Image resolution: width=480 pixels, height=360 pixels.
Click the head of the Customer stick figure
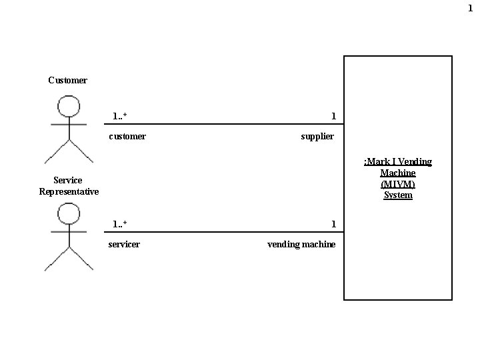[x=69, y=106]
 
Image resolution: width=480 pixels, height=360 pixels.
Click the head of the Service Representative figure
[x=69, y=213]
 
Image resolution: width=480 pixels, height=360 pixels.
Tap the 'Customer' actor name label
[x=67, y=81]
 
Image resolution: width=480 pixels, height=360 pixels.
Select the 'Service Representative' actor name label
[x=69, y=186]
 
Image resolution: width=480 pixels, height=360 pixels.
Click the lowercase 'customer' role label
[x=127, y=137]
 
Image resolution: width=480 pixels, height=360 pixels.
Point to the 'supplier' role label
[x=317, y=137]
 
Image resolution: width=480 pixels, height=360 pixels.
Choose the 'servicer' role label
[x=124, y=245]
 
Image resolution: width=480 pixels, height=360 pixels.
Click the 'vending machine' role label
[x=301, y=245]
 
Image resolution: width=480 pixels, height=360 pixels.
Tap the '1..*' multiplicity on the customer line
[x=120, y=117]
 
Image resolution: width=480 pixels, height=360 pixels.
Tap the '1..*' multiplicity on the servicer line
[x=120, y=224]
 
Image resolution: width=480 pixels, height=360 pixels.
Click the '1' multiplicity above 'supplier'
[x=333, y=117]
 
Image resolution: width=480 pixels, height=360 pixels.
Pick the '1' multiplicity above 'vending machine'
[x=333, y=224]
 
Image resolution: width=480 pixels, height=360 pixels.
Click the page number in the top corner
[x=470, y=8]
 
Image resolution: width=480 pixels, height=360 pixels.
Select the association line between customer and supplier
[x=227, y=124]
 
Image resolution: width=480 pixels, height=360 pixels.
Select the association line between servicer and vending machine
[x=227, y=232]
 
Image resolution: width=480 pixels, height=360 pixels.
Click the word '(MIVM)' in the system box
[x=398, y=184]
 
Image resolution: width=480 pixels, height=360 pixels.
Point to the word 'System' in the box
[x=398, y=195]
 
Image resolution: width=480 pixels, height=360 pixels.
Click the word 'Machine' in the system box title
[x=398, y=173]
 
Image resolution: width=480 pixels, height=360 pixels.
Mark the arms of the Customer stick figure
[x=69, y=125]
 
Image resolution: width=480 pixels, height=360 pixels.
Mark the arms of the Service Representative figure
[x=69, y=232]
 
